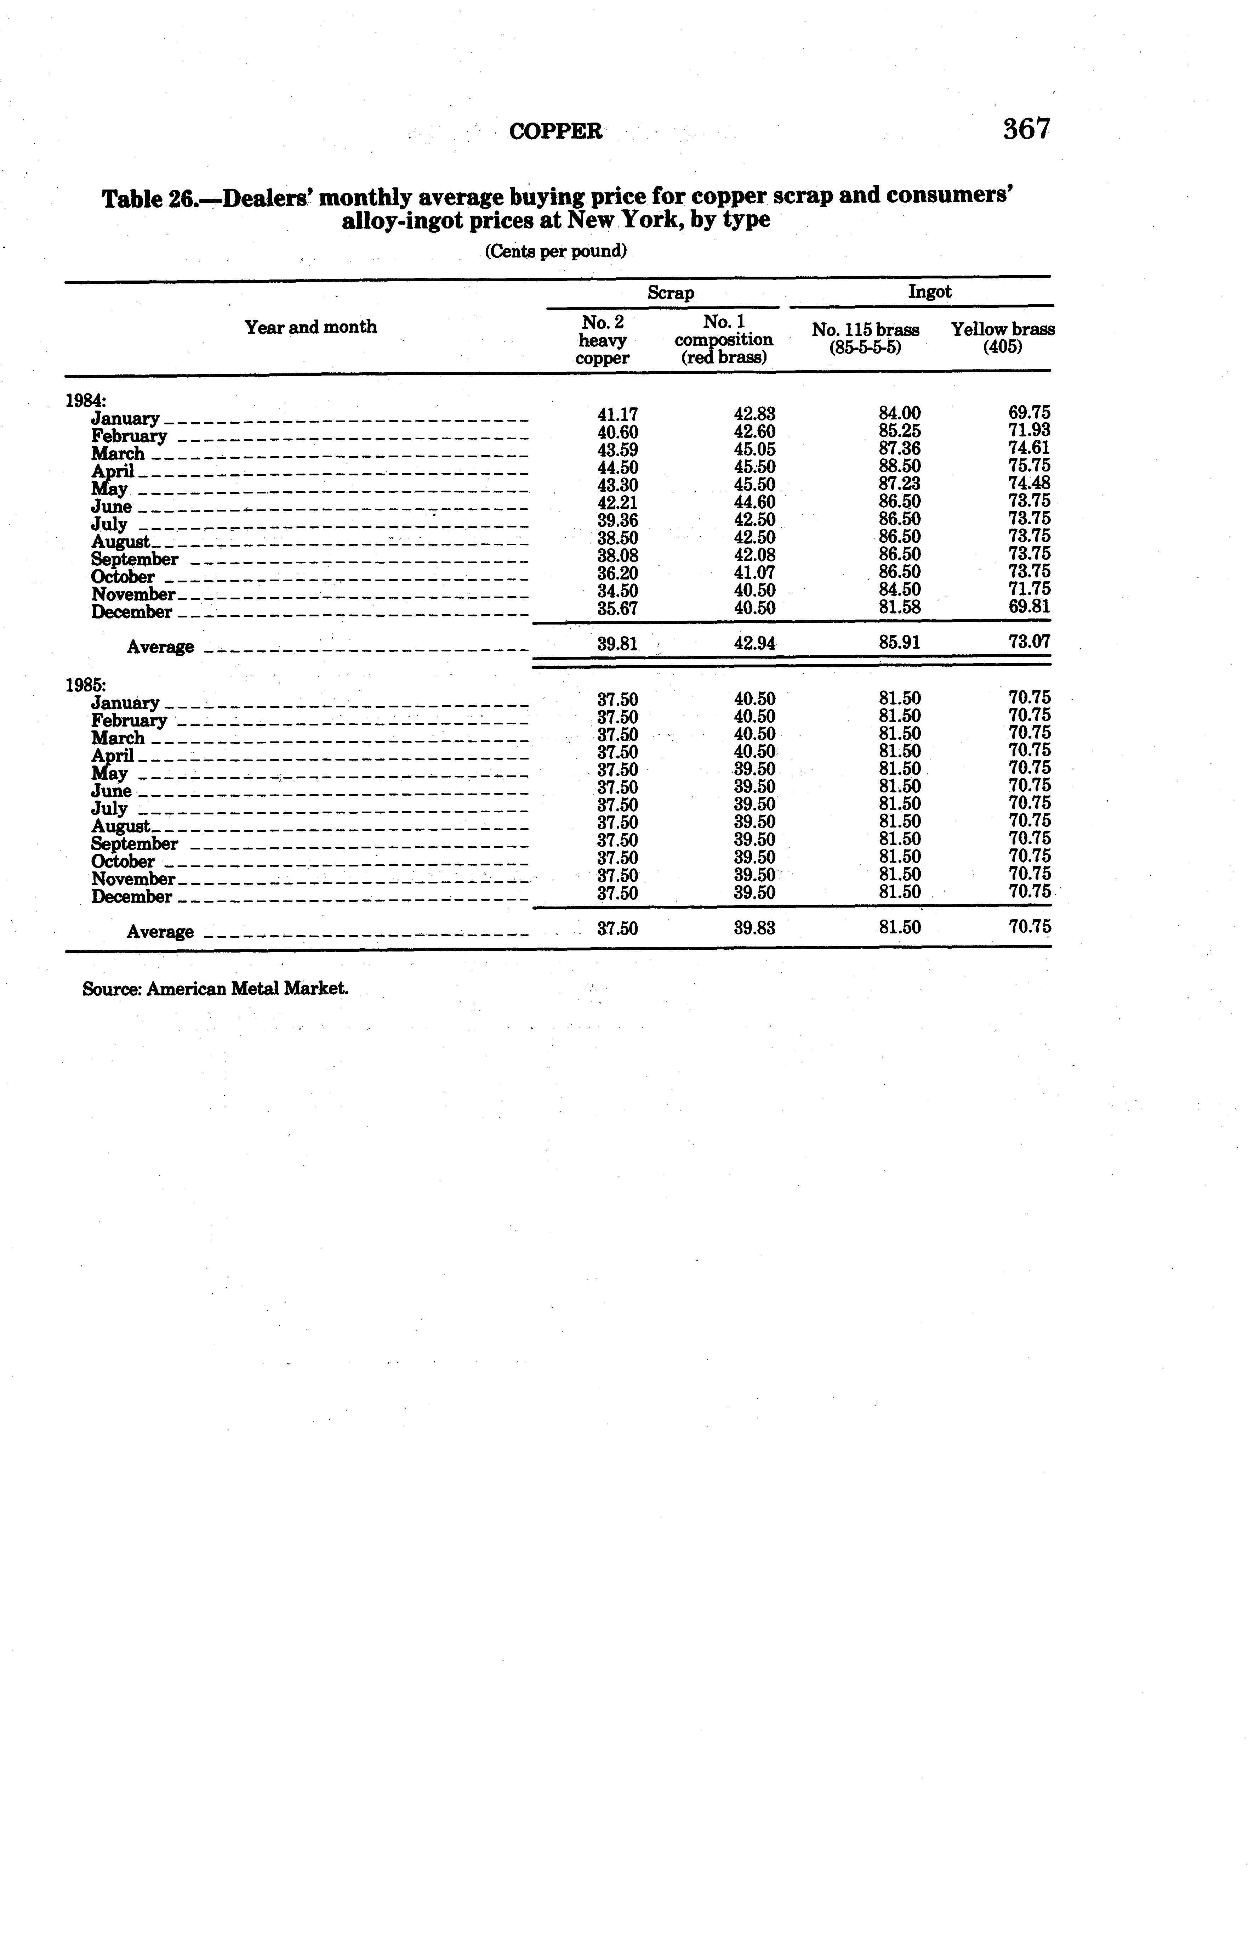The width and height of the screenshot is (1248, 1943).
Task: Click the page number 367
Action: click(x=1026, y=129)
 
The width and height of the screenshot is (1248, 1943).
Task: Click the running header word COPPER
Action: click(x=556, y=131)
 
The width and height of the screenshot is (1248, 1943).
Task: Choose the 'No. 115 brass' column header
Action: click(x=866, y=330)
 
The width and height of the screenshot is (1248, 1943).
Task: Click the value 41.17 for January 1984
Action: click(x=617, y=414)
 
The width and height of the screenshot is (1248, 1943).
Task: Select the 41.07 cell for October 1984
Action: click(x=754, y=572)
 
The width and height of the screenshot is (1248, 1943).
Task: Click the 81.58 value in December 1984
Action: click(x=900, y=607)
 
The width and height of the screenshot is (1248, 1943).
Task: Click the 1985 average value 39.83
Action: click(x=754, y=928)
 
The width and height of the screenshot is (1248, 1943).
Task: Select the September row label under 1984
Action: click(x=135, y=559)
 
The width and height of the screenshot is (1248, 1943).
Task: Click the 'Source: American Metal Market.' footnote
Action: click(x=216, y=989)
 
